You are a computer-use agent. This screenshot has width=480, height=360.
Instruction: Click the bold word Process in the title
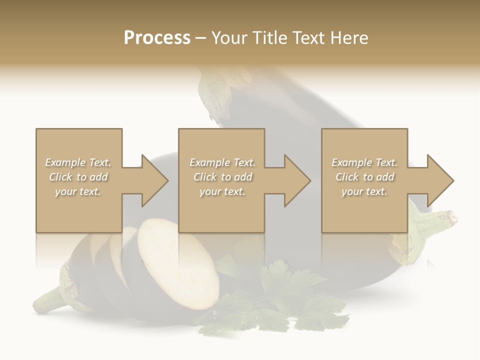click(x=157, y=38)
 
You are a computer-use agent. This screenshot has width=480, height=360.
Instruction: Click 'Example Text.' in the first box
click(x=78, y=162)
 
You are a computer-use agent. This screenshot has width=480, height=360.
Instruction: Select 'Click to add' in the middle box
click(x=222, y=177)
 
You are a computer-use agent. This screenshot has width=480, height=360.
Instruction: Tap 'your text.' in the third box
click(x=364, y=191)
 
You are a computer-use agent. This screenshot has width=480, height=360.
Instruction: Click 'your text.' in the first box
click(x=78, y=191)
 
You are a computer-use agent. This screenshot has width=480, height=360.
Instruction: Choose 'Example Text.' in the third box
click(x=364, y=162)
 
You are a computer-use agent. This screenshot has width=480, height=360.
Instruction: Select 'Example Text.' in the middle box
click(x=222, y=162)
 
